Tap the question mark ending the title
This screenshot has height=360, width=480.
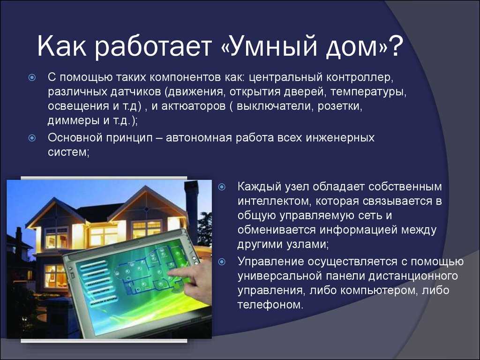(395, 46)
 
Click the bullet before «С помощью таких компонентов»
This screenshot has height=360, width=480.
(32, 77)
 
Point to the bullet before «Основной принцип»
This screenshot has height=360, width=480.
(32, 138)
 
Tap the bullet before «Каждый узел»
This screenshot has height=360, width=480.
(222, 187)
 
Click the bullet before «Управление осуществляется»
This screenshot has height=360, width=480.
(222, 262)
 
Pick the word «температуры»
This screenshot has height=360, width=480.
(368, 92)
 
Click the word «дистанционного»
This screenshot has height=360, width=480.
(413, 276)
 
